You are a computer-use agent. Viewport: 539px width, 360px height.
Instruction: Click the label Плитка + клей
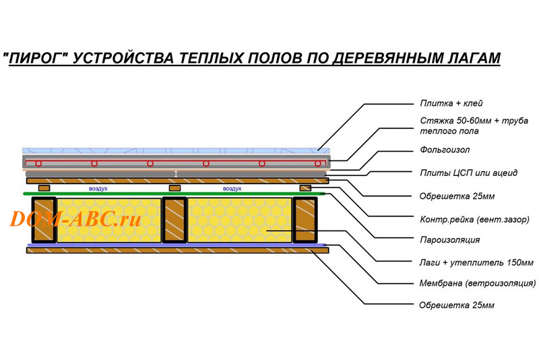(451, 103)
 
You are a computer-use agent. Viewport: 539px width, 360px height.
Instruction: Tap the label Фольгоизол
(445, 150)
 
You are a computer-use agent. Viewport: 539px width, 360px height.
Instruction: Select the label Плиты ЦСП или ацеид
(468, 173)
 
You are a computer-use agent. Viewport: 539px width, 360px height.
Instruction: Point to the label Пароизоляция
(449, 239)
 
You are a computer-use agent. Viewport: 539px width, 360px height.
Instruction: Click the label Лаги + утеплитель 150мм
(476, 263)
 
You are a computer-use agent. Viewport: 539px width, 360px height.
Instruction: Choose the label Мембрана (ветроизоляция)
(478, 283)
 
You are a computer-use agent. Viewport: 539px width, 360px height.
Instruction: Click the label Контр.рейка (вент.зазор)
(474, 219)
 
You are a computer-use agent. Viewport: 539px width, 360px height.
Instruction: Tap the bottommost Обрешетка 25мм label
(457, 305)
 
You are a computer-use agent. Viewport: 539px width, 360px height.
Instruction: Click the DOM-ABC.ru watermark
(75, 218)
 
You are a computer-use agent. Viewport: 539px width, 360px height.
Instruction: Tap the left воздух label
(98, 189)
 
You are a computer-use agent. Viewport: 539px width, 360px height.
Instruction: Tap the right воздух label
(232, 189)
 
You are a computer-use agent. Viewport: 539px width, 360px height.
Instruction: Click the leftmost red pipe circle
(38, 163)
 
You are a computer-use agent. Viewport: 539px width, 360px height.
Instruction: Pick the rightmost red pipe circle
(318, 163)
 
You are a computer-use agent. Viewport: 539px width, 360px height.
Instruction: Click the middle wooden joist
(175, 220)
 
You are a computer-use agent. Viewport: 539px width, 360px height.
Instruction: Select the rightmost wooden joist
(305, 220)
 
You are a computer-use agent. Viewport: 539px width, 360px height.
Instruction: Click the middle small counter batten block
(175, 188)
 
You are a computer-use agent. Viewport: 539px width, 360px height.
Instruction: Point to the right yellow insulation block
(240, 220)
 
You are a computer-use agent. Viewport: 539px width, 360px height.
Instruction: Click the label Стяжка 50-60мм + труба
(474, 121)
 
